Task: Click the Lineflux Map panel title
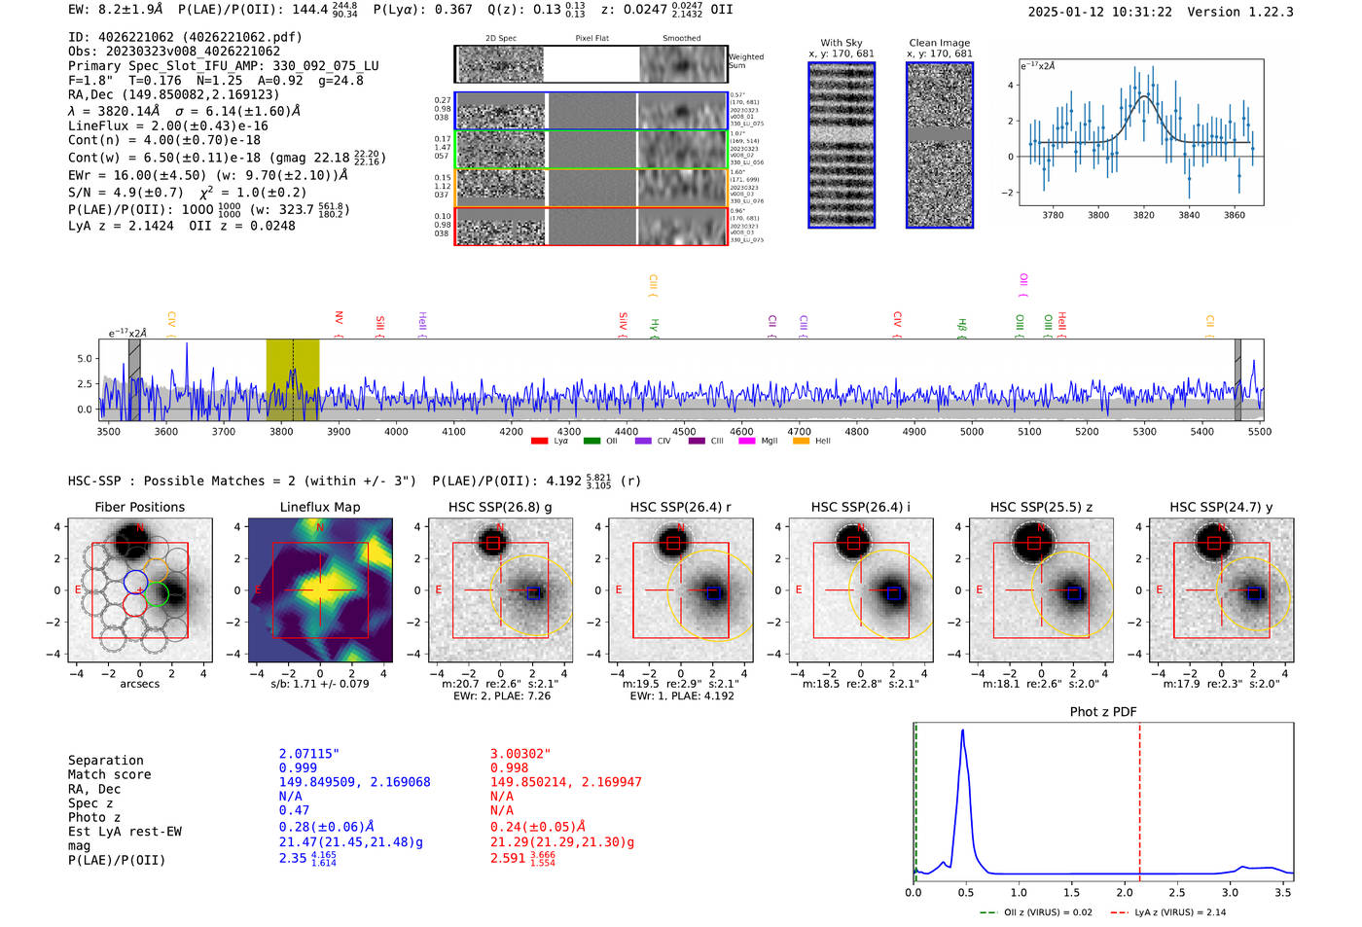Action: [x=319, y=507]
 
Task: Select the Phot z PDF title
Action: [x=1103, y=711]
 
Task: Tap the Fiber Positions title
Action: [x=139, y=507]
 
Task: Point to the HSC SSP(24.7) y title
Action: [x=1221, y=507]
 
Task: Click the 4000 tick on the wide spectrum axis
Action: [x=396, y=431]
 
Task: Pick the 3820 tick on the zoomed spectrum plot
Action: [x=1143, y=215]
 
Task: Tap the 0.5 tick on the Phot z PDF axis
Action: [x=965, y=892]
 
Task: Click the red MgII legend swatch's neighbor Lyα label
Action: [x=561, y=441]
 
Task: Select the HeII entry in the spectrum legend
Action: [x=822, y=441]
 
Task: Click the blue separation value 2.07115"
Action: [x=309, y=754]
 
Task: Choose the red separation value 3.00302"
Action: [x=520, y=754]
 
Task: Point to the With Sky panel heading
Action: [x=841, y=43]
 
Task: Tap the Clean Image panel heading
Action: [x=939, y=43]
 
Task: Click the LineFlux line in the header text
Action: [x=167, y=125]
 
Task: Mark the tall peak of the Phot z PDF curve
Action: [x=962, y=731]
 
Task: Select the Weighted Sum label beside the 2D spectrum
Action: [x=745, y=61]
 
